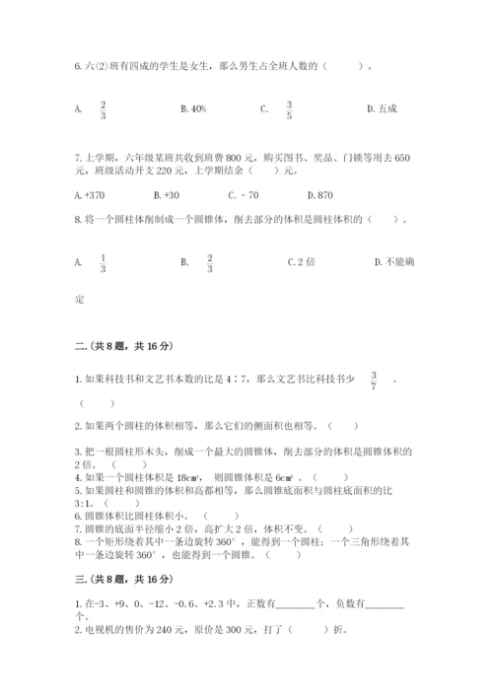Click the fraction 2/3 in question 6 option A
pos(103,108)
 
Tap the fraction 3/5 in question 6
pos(289,108)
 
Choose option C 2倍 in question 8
pos(300,262)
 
